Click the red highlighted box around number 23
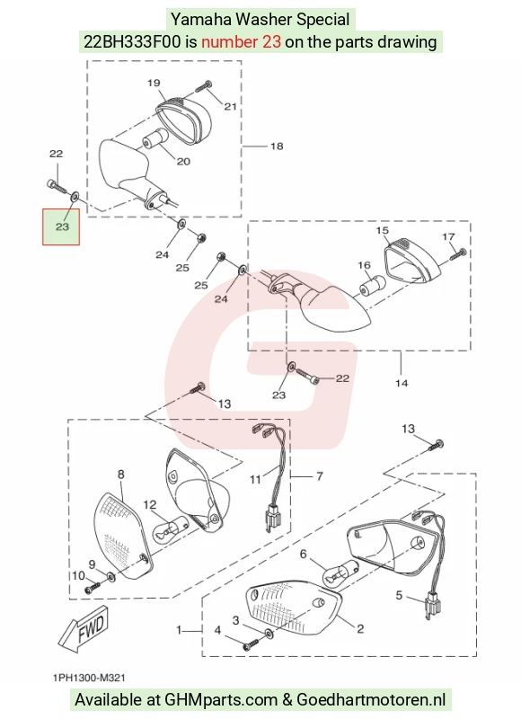(61, 226)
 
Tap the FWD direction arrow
(84, 627)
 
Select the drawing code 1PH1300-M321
(89, 678)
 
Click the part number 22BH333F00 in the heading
(132, 42)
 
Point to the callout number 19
(154, 83)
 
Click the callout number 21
(230, 106)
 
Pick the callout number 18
(277, 146)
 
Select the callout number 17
(448, 236)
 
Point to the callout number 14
(402, 383)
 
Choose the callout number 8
(121, 475)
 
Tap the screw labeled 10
(93, 588)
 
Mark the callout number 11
(255, 480)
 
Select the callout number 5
(399, 595)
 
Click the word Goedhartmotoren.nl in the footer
(371, 700)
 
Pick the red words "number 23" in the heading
(241, 42)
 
